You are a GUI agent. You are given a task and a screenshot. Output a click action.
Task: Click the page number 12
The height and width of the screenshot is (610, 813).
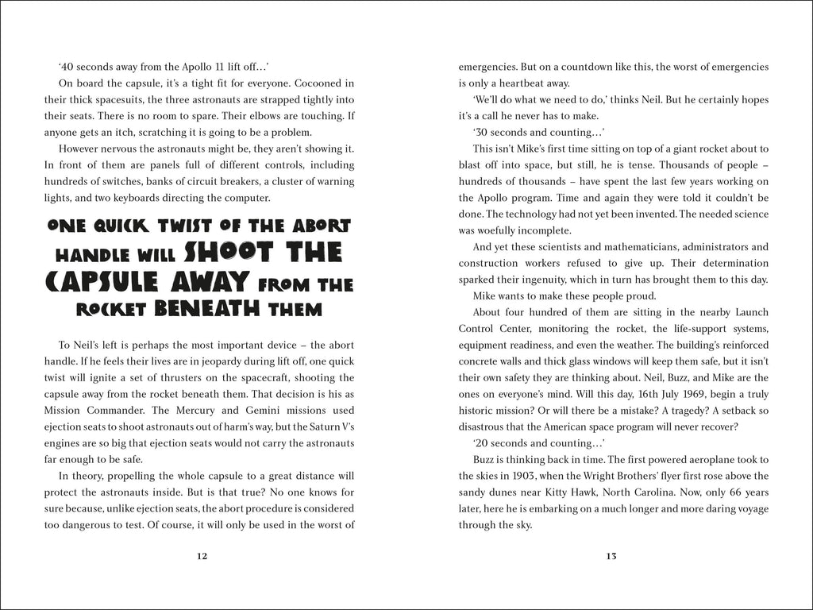(x=202, y=556)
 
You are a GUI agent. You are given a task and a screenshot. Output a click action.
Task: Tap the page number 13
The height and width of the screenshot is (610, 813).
(x=611, y=556)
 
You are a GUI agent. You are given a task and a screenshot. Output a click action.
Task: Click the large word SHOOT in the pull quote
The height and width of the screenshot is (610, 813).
(x=234, y=253)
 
